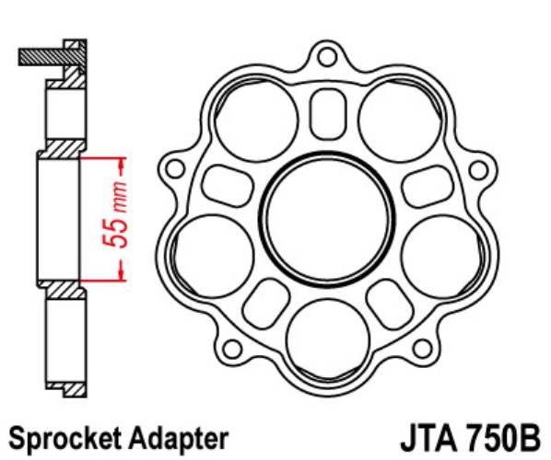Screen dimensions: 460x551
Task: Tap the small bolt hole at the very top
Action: click(x=324, y=57)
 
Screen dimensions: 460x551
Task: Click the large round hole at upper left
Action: click(x=257, y=117)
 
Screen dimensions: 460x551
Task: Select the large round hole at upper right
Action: click(x=395, y=117)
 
